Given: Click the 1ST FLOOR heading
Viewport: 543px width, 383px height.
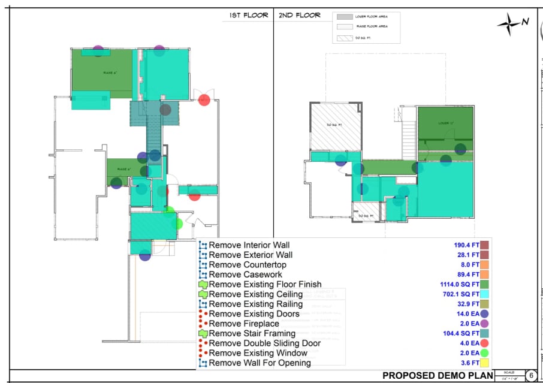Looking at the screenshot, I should pos(249,16).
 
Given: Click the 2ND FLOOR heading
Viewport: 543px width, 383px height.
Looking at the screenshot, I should pos(300,16).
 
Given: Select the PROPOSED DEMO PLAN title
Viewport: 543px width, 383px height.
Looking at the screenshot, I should pos(438,376).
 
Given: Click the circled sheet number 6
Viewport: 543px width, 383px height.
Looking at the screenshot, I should pos(531,375).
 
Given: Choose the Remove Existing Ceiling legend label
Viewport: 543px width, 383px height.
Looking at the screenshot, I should pos(257,294).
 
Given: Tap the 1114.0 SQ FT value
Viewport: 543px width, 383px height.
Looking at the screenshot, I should pos(458,285).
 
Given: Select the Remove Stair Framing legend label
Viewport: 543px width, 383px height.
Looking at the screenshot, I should pos(252,333).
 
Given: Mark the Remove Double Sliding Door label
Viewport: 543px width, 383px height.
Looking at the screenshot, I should pos(264,343).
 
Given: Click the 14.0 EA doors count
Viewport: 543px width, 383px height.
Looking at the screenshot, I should pos(467,313).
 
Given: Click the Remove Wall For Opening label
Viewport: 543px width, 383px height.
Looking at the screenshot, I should pos(260,363).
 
